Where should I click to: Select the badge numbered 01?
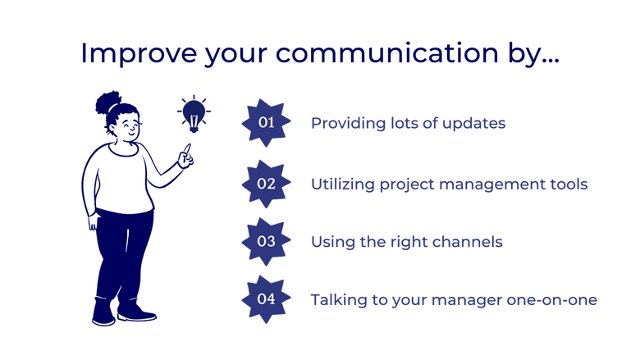pyautogui.click(x=266, y=123)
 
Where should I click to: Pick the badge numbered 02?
pyautogui.click(x=266, y=184)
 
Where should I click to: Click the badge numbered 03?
pyautogui.click(x=266, y=242)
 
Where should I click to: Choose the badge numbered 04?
pyautogui.click(x=266, y=299)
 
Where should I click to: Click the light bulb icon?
pyautogui.click(x=194, y=113)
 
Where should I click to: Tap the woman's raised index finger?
pyautogui.click(x=188, y=148)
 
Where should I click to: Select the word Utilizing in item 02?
pyautogui.click(x=342, y=185)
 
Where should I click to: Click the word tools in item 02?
pyautogui.click(x=568, y=185)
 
